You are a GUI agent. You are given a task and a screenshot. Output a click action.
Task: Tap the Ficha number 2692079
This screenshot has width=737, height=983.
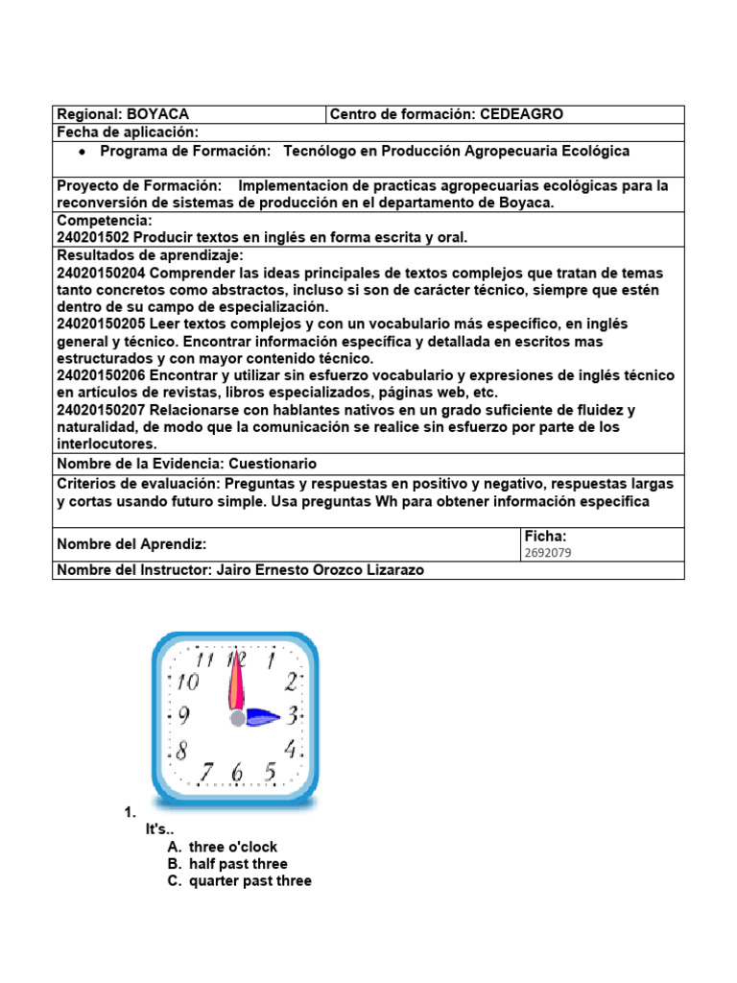(548, 554)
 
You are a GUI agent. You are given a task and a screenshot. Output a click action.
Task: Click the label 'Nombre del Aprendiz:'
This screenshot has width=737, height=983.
(131, 544)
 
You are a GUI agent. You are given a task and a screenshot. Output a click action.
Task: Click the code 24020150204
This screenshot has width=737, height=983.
(99, 273)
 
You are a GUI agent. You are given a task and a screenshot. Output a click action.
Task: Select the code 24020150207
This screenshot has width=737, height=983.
(99, 411)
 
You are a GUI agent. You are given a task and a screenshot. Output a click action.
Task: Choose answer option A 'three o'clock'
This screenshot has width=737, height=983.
(233, 847)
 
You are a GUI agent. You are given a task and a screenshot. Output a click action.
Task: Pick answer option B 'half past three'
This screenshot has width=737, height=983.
(237, 864)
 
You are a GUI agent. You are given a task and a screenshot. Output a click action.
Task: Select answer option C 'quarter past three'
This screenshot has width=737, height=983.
(250, 881)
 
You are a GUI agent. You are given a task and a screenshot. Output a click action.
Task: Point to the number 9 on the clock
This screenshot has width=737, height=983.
(183, 716)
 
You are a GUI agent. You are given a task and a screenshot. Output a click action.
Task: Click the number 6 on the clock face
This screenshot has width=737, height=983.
(238, 772)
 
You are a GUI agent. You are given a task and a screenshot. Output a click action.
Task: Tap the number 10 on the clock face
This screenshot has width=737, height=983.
(188, 683)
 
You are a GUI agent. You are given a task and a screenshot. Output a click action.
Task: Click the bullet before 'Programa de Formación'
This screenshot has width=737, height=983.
(83, 152)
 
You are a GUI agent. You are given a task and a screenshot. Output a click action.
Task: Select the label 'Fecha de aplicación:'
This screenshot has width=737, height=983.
(128, 132)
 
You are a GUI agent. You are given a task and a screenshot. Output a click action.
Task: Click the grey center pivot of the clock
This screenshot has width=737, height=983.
(237, 717)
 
